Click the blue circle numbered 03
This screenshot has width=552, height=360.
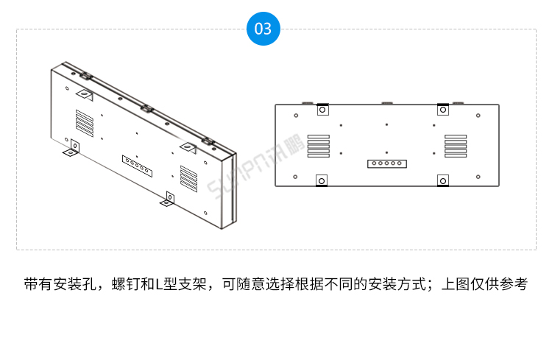(263, 29)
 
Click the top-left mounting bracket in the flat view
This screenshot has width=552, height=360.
(322, 110)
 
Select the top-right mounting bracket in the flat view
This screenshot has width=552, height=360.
(442, 110)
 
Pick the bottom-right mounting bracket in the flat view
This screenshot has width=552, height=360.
(443, 181)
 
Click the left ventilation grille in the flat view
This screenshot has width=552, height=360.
(318, 145)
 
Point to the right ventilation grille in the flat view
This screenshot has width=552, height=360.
(456, 145)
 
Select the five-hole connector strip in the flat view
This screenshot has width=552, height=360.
(386, 163)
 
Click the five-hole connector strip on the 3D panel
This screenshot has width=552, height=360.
(138, 166)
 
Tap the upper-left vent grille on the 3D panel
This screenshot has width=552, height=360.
(84, 123)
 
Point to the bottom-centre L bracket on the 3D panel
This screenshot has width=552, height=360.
(169, 199)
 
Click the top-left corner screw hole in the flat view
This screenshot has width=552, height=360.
(295, 115)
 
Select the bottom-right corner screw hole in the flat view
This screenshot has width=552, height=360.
(478, 177)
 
